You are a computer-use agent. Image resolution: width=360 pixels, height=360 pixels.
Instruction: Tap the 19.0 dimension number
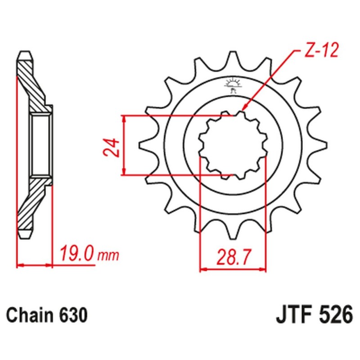pyautogui.click(x=75, y=255)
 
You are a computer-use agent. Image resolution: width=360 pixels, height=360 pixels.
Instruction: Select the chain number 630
pyautogui.click(x=72, y=314)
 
